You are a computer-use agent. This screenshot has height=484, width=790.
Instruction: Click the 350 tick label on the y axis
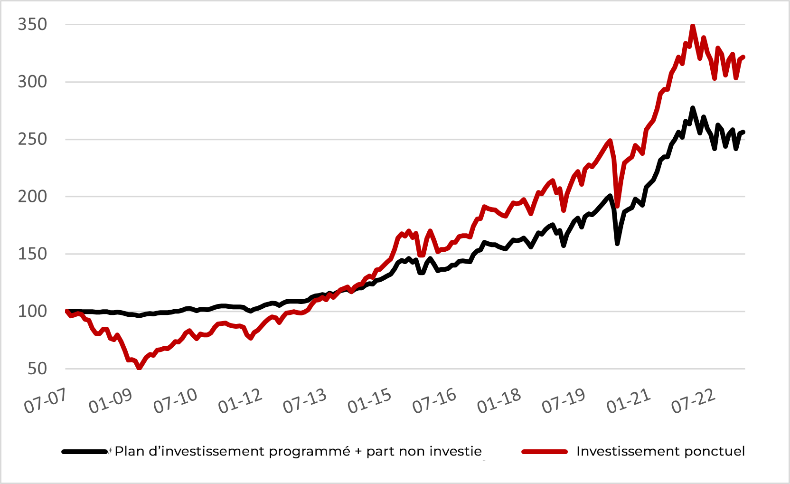32,24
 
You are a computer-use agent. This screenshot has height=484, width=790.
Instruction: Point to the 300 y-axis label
32,82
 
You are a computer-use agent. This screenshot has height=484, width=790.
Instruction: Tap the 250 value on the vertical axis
32,139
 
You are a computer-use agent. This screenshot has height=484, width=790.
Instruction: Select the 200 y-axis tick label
32,196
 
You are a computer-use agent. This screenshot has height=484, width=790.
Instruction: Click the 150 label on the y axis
32,254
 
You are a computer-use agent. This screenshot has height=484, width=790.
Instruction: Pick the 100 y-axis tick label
32,311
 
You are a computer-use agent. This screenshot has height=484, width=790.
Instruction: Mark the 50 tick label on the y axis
37,369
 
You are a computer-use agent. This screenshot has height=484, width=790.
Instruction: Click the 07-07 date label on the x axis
45,401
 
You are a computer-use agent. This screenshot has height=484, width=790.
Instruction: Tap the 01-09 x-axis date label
110,401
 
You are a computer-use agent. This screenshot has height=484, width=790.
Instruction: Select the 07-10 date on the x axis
175,401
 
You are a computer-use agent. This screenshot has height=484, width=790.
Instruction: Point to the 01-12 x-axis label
240,401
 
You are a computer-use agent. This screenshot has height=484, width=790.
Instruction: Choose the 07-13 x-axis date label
304,401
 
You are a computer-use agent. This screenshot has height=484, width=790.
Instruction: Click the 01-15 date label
369,401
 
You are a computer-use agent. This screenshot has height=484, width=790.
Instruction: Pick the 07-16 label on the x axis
434,401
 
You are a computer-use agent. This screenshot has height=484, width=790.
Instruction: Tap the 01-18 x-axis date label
499,401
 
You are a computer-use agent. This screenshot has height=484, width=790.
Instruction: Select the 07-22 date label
693,401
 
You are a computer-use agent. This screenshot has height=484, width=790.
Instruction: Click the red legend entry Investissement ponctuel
660,451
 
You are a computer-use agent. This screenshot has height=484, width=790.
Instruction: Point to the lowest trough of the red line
139,368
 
